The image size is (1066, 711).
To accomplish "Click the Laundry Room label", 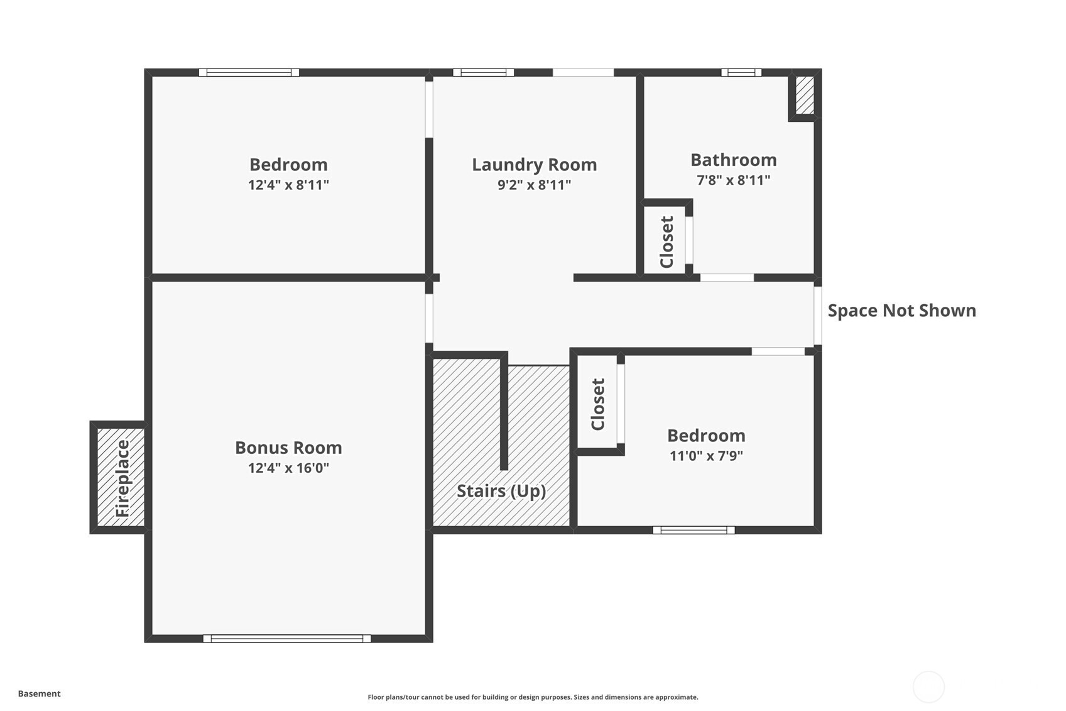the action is coord(534,165).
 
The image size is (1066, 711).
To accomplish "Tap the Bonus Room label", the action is coord(288,448).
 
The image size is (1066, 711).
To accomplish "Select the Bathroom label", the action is coord(733,160).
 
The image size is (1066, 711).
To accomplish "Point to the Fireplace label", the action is coord(122,478).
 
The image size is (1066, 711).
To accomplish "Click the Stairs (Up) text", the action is coord(501,491).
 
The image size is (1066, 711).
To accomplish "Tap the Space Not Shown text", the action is coord(902,311).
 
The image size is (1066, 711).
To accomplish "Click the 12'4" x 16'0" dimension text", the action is coord(288,468).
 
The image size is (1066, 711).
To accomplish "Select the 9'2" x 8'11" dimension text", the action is coord(534,184).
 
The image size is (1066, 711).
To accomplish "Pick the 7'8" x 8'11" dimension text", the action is coord(733,180).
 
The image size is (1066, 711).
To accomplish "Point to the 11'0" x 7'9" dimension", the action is coord(706,456).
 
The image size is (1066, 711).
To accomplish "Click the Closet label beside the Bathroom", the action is coord(666,242).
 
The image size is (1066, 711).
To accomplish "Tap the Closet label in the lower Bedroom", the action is coord(598,404).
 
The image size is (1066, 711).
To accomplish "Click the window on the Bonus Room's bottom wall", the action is coord(287,639).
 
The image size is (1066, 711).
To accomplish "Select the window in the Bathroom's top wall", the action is coord(741,73).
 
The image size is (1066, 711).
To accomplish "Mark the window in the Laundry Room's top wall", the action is coord(484,73).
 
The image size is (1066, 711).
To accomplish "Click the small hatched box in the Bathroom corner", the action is coord(805,96).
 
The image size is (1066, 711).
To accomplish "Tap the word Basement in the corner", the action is coord(40,693).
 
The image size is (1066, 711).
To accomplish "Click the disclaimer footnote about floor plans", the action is coord(533,697).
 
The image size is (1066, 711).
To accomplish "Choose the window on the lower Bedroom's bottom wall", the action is coord(694,530).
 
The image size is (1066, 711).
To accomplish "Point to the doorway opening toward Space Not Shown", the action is coord(818,315).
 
